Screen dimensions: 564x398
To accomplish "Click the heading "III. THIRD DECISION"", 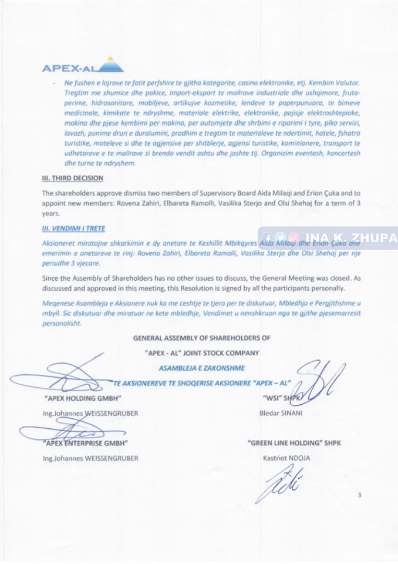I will click(x=73, y=178).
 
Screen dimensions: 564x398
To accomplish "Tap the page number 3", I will click(x=359, y=495).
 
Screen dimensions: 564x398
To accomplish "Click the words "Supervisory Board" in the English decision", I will click(x=222, y=193).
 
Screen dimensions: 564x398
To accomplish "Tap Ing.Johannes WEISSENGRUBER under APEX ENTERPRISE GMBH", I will click(x=90, y=458).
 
